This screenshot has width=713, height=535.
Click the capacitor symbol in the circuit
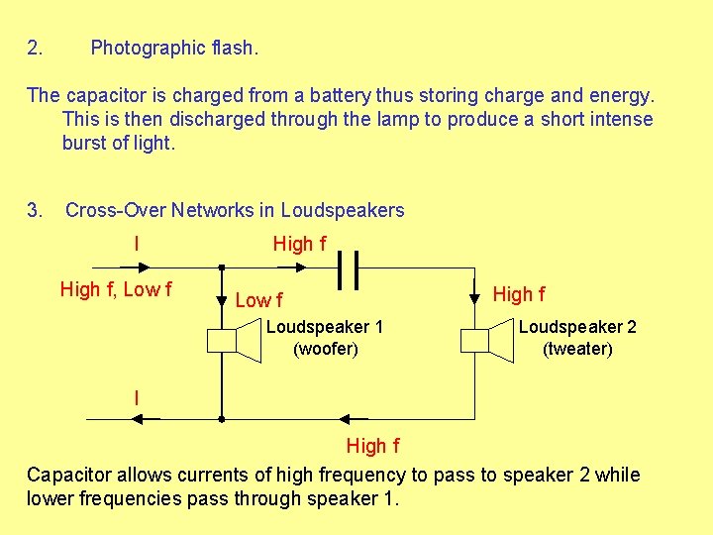pyautogui.click(x=348, y=267)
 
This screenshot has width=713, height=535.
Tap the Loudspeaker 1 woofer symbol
pyautogui.click(x=234, y=340)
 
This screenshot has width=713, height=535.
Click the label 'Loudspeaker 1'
pyautogui.click(x=325, y=327)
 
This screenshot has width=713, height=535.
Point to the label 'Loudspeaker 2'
pyautogui.click(x=577, y=327)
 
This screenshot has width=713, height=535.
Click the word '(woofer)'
pyautogui.click(x=325, y=349)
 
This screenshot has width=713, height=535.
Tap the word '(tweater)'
pyautogui.click(x=577, y=349)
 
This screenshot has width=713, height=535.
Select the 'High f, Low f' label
pyautogui.click(x=116, y=289)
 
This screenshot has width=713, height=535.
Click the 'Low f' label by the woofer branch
pyautogui.click(x=258, y=299)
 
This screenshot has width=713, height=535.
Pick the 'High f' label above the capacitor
pyautogui.click(x=299, y=244)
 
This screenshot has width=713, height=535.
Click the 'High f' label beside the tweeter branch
pyautogui.click(x=518, y=293)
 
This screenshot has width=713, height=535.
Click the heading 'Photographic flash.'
pyautogui.click(x=174, y=48)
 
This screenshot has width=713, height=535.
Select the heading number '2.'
pyautogui.click(x=35, y=48)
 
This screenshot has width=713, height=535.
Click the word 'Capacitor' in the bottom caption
pyautogui.click(x=67, y=475)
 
